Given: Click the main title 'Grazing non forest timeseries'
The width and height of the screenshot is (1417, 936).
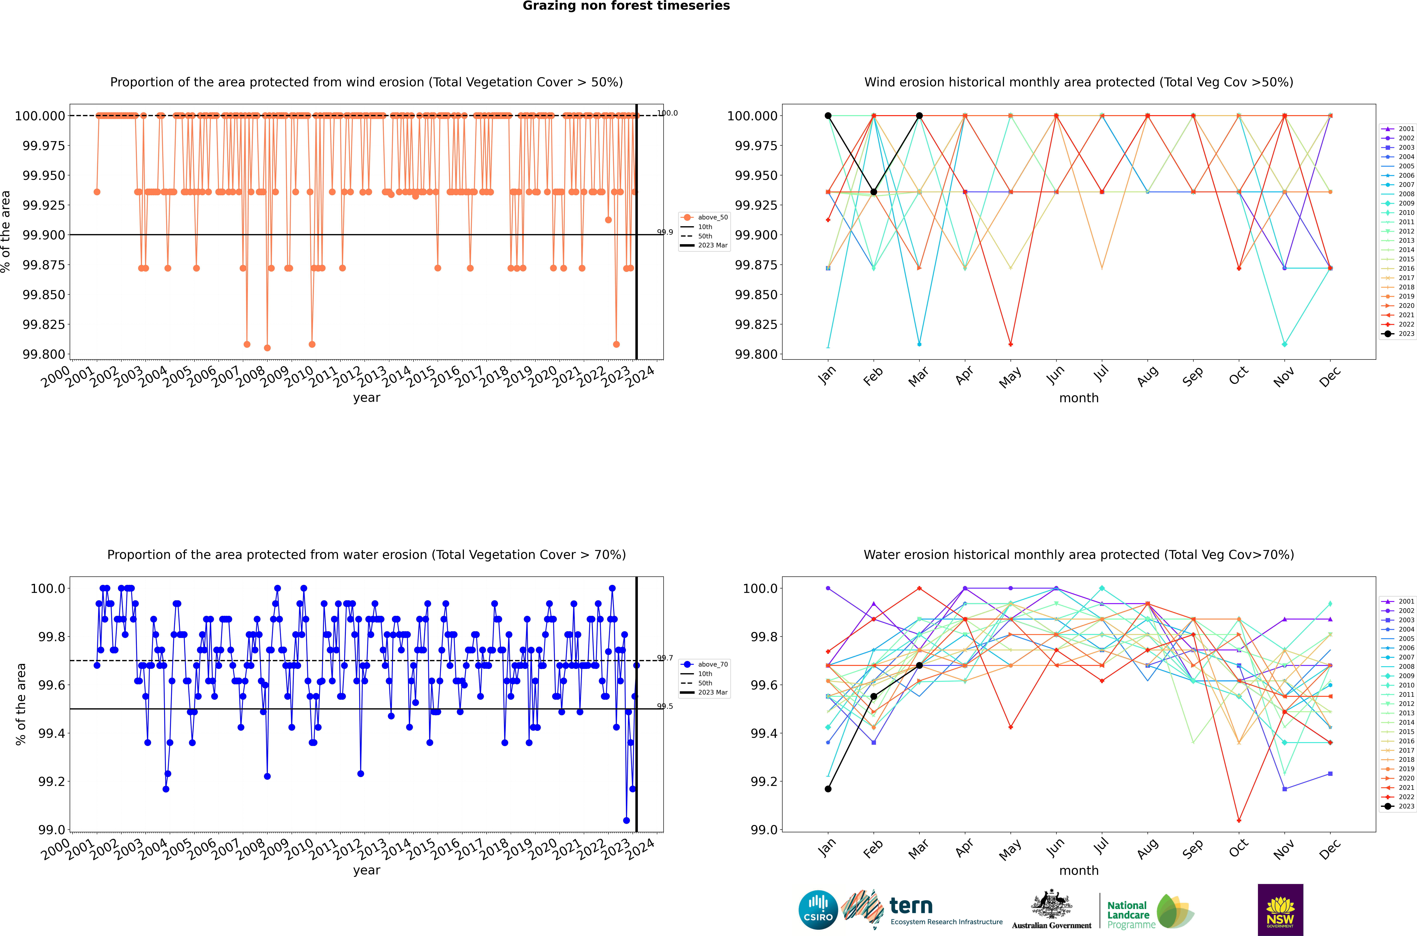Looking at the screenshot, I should click(626, 6).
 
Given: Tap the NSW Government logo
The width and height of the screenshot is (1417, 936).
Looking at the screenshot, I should click(1280, 910).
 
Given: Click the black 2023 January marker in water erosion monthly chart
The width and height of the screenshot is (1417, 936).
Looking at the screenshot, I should click(828, 789).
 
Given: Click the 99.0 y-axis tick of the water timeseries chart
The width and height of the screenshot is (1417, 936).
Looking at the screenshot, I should click(51, 830).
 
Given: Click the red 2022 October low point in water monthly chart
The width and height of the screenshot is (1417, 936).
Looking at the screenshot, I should click(1239, 820).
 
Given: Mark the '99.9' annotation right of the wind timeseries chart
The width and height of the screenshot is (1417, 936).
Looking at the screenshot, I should click(665, 232).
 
